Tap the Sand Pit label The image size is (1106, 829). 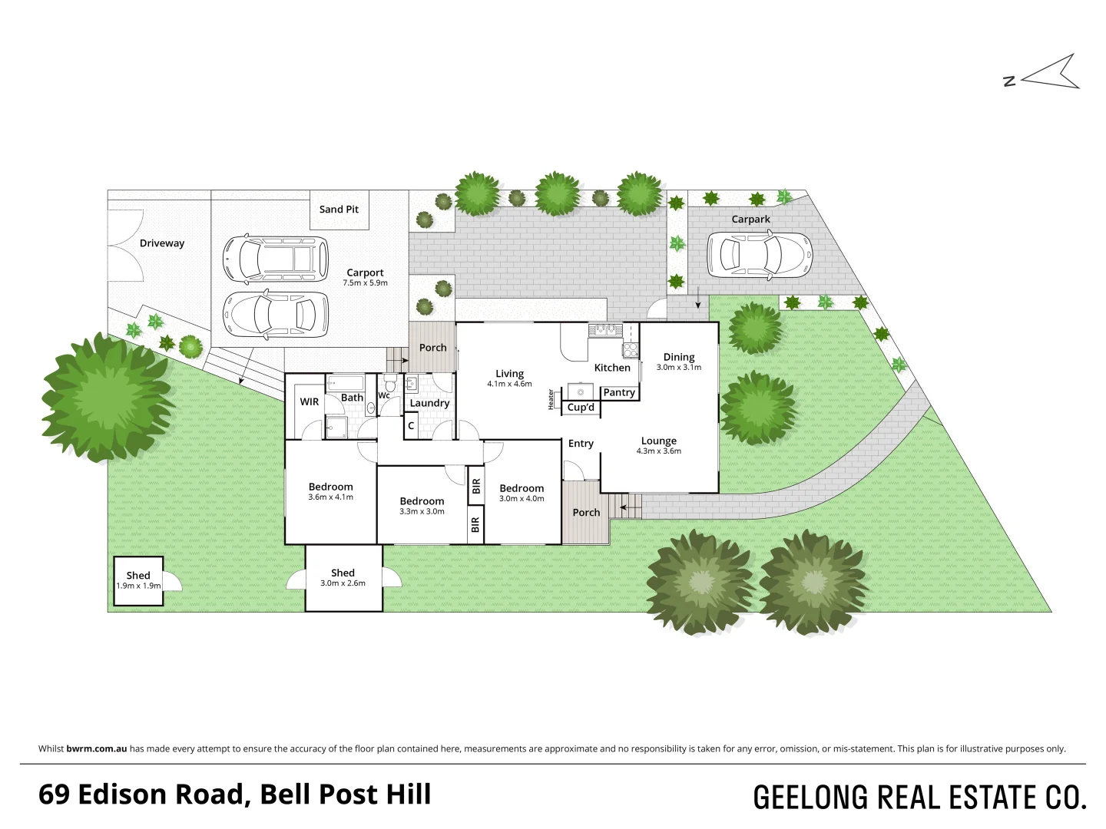tap(339, 209)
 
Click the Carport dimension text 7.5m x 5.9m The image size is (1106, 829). tap(365, 283)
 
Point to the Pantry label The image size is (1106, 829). tap(619, 392)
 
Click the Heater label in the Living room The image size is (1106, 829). tap(551, 399)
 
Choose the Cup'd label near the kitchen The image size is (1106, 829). tap(581, 408)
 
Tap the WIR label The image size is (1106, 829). tap(310, 401)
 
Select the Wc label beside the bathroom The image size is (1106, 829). tap(384, 396)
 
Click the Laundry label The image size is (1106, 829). tap(429, 403)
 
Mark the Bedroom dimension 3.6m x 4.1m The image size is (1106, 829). tap(330, 497)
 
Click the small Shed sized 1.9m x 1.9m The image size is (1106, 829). tap(138, 580)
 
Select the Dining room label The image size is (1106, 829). tap(679, 357)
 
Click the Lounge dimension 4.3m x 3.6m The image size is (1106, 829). tap(659, 451)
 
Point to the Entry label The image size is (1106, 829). tap(581, 444)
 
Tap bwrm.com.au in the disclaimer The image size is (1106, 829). tap(97, 748)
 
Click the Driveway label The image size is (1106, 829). tap(162, 243)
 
